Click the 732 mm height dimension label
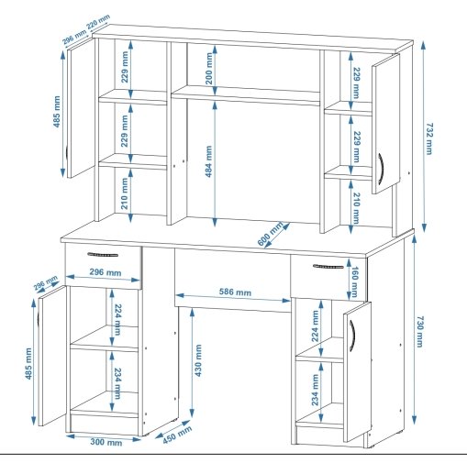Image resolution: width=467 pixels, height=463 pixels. click(x=429, y=138)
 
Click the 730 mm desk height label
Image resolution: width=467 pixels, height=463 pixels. click(x=420, y=332)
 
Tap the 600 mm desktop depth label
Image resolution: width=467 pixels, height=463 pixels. click(x=271, y=235)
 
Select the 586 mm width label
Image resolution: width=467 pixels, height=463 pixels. click(x=235, y=292)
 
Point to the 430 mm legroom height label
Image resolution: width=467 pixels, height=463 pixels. click(x=198, y=360)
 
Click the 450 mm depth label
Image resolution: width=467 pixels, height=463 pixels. click(x=177, y=435)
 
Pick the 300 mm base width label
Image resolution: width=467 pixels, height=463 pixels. click(x=106, y=442)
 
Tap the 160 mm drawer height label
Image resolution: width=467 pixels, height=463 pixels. click(x=355, y=281)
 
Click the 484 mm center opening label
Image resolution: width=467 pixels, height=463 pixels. click(x=209, y=161)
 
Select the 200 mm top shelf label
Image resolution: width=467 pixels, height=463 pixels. click(x=209, y=69)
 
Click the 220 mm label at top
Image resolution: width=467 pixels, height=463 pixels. click(x=98, y=22)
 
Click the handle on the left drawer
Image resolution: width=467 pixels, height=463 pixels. click(x=103, y=254)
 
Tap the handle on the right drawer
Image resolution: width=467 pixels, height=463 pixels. click(x=328, y=267)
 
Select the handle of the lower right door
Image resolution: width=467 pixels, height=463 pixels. click(x=352, y=335)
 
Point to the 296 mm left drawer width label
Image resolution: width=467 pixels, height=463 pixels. click(x=106, y=272)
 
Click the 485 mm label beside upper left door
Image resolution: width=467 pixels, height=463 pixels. click(x=57, y=112)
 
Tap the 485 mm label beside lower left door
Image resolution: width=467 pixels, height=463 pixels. click(x=28, y=364)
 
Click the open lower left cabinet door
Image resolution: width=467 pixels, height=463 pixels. click(x=52, y=356)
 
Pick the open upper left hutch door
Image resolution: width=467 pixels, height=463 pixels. click(x=81, y=108)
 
